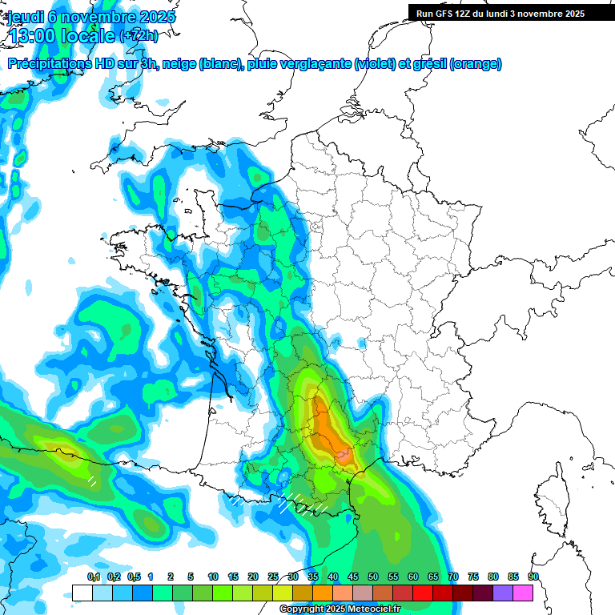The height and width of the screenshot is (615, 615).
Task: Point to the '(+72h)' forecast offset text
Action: pyautogui.click(x=139, y=36)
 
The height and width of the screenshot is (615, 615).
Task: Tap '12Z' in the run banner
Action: pyautogui.click(x=467, y=14)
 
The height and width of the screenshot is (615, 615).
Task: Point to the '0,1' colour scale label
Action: pyautogui.click(x=93, y=577)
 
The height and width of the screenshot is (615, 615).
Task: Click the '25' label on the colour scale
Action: pyautogui.click(x=273, y=577)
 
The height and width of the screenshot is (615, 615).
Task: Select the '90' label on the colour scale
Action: pyautogui.click(x=533, y=577)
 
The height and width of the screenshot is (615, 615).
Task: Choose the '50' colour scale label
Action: pyautogui.click(x=373, y=577)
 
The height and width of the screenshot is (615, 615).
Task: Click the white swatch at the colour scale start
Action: pyautogui.click(x=82, y=593)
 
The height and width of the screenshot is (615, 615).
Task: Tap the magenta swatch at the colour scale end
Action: pyautogui.click(x=523, y=593)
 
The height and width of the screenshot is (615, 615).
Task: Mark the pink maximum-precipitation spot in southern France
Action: pyautogui.click(x=345, y=456)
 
